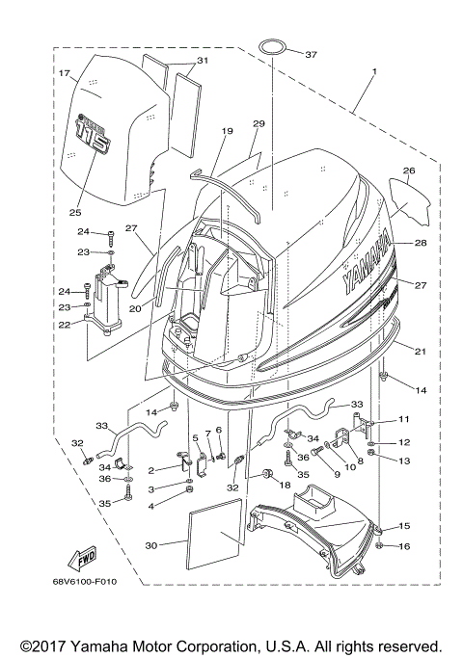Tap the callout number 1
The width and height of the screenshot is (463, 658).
click(x=374, y=71)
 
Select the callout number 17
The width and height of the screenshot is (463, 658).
click(x=64, y=73)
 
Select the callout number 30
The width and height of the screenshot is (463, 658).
click(x=151, y=546)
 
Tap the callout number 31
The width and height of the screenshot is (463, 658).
click(x=201, y=61)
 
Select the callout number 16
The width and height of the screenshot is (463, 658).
click(x=403, y=546)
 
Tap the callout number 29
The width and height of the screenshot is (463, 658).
click(x=259, y=124)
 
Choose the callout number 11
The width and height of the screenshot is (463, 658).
click(x=402, y=420)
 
